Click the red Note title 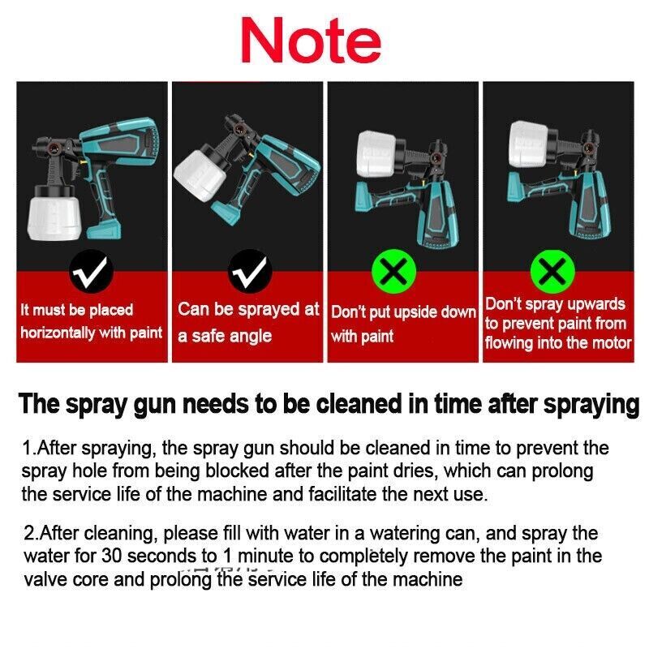(311, 41)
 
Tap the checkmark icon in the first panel (91, 272)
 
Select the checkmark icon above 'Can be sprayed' (250, 272)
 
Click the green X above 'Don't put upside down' (393, 271)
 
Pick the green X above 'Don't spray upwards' (552, 271)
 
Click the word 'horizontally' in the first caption (58, 333)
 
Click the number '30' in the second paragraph (112, 556)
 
